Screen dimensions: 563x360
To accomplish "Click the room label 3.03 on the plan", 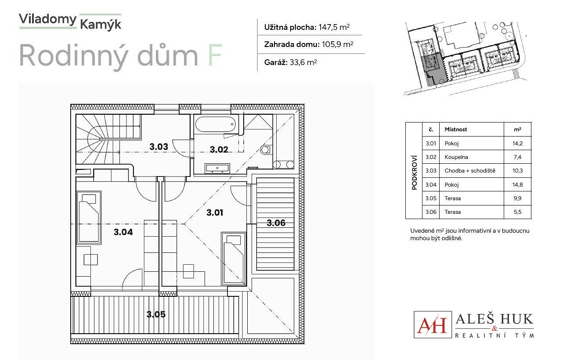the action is (159, 147).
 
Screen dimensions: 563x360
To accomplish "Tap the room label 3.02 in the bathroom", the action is (219, 149).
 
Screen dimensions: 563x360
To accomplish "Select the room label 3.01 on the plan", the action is (215, 212).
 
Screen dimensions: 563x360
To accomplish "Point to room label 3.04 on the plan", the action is (123, 232).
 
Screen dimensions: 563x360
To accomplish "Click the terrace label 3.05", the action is (156, 314).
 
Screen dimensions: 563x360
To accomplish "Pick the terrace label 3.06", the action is (276, 223).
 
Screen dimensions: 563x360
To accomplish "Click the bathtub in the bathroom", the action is (215, 124).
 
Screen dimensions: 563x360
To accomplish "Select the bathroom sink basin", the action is (217, 168).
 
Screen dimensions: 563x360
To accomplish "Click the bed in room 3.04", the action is (89, 218).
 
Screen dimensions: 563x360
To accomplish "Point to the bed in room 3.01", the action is (234, 259).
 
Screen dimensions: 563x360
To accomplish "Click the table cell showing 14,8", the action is (517, 185).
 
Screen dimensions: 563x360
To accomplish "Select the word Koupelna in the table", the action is (456, 157).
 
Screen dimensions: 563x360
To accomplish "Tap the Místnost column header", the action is (456, 130).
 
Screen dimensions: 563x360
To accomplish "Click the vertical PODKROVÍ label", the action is (415, 173).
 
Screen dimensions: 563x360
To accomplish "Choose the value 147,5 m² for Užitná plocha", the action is (334, 27).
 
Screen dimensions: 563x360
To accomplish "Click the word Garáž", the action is (276, 62).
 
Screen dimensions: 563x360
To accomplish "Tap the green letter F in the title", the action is (214, 55).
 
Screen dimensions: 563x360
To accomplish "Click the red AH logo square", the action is (433, 324).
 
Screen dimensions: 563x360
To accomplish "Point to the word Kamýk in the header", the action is (101, 25).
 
